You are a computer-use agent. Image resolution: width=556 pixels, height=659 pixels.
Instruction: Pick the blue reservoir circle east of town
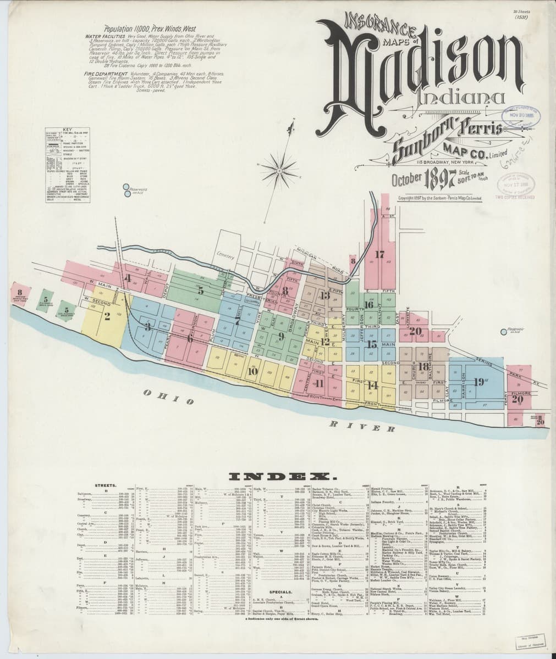504,332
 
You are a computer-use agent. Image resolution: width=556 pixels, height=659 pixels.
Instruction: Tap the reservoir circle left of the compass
126,190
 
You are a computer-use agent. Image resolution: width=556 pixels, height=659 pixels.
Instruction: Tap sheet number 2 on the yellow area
107,316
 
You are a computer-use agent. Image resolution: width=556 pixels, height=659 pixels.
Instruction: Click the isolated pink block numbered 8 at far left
19,295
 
